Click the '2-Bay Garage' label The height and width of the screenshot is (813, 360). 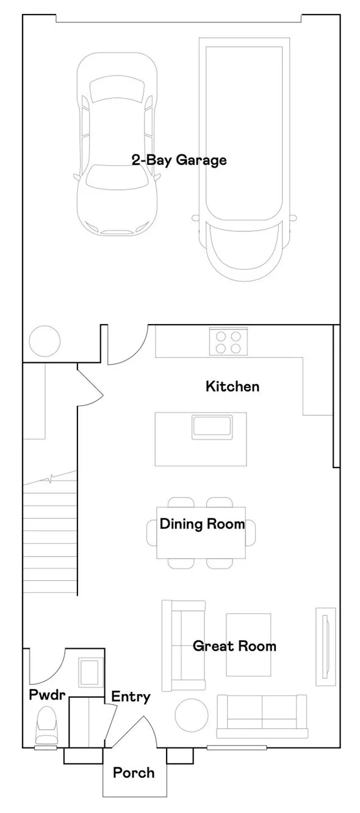179,161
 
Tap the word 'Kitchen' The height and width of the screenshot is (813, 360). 232,386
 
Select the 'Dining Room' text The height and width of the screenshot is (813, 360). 202,524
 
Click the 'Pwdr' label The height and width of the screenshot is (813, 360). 47,695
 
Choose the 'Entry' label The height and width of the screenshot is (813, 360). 131,697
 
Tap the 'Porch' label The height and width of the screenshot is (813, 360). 134,773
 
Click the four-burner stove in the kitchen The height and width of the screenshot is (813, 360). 229,342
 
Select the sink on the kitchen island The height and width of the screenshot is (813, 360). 212,425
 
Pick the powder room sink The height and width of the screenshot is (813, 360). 90,672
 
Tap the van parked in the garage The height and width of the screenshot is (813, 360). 243,156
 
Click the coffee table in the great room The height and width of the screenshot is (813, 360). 248,645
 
